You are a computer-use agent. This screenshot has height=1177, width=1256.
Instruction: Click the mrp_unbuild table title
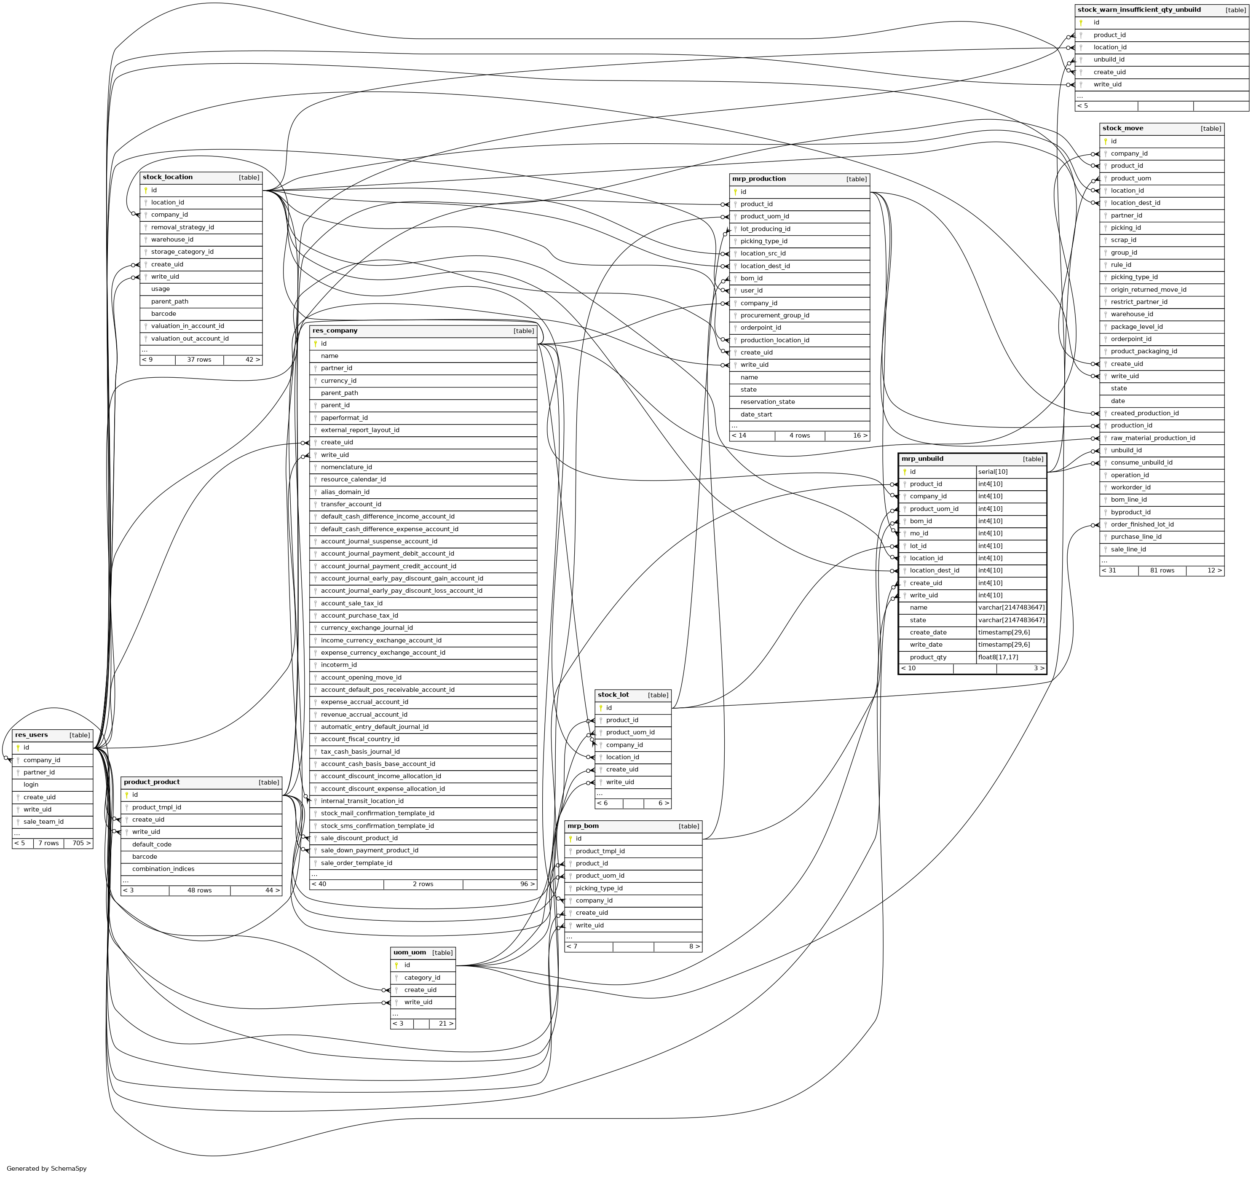(x=922, y=459)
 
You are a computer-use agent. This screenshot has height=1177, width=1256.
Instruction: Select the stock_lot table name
(x=613, y=695)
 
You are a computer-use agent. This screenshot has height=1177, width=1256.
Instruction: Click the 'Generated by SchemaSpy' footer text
(x=47, y=1168)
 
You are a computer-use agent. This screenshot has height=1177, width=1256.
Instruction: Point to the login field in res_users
(x=31, y=785)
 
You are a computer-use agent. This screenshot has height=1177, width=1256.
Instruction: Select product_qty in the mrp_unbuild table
(x=928, y=657)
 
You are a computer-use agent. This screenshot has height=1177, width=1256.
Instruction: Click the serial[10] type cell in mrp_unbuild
(x=993, y=472)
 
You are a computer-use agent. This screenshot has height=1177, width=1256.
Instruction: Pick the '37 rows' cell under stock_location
(x=199, y=360)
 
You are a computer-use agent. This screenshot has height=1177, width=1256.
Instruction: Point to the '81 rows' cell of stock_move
(x=1162, y=570)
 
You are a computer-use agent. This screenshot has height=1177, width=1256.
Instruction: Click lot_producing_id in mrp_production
(x=765, y=229)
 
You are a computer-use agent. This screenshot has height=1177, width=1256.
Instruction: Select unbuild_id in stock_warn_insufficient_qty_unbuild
(x=1109, y=59)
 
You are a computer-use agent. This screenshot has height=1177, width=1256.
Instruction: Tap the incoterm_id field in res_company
(x=339, y=665)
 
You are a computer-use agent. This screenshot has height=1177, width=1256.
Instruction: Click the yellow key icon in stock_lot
(x=601, y=708)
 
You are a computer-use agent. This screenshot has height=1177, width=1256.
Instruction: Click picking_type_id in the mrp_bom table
(x=599, y=888)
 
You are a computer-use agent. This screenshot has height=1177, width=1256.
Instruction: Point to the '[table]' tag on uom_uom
(x=442, y=953)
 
